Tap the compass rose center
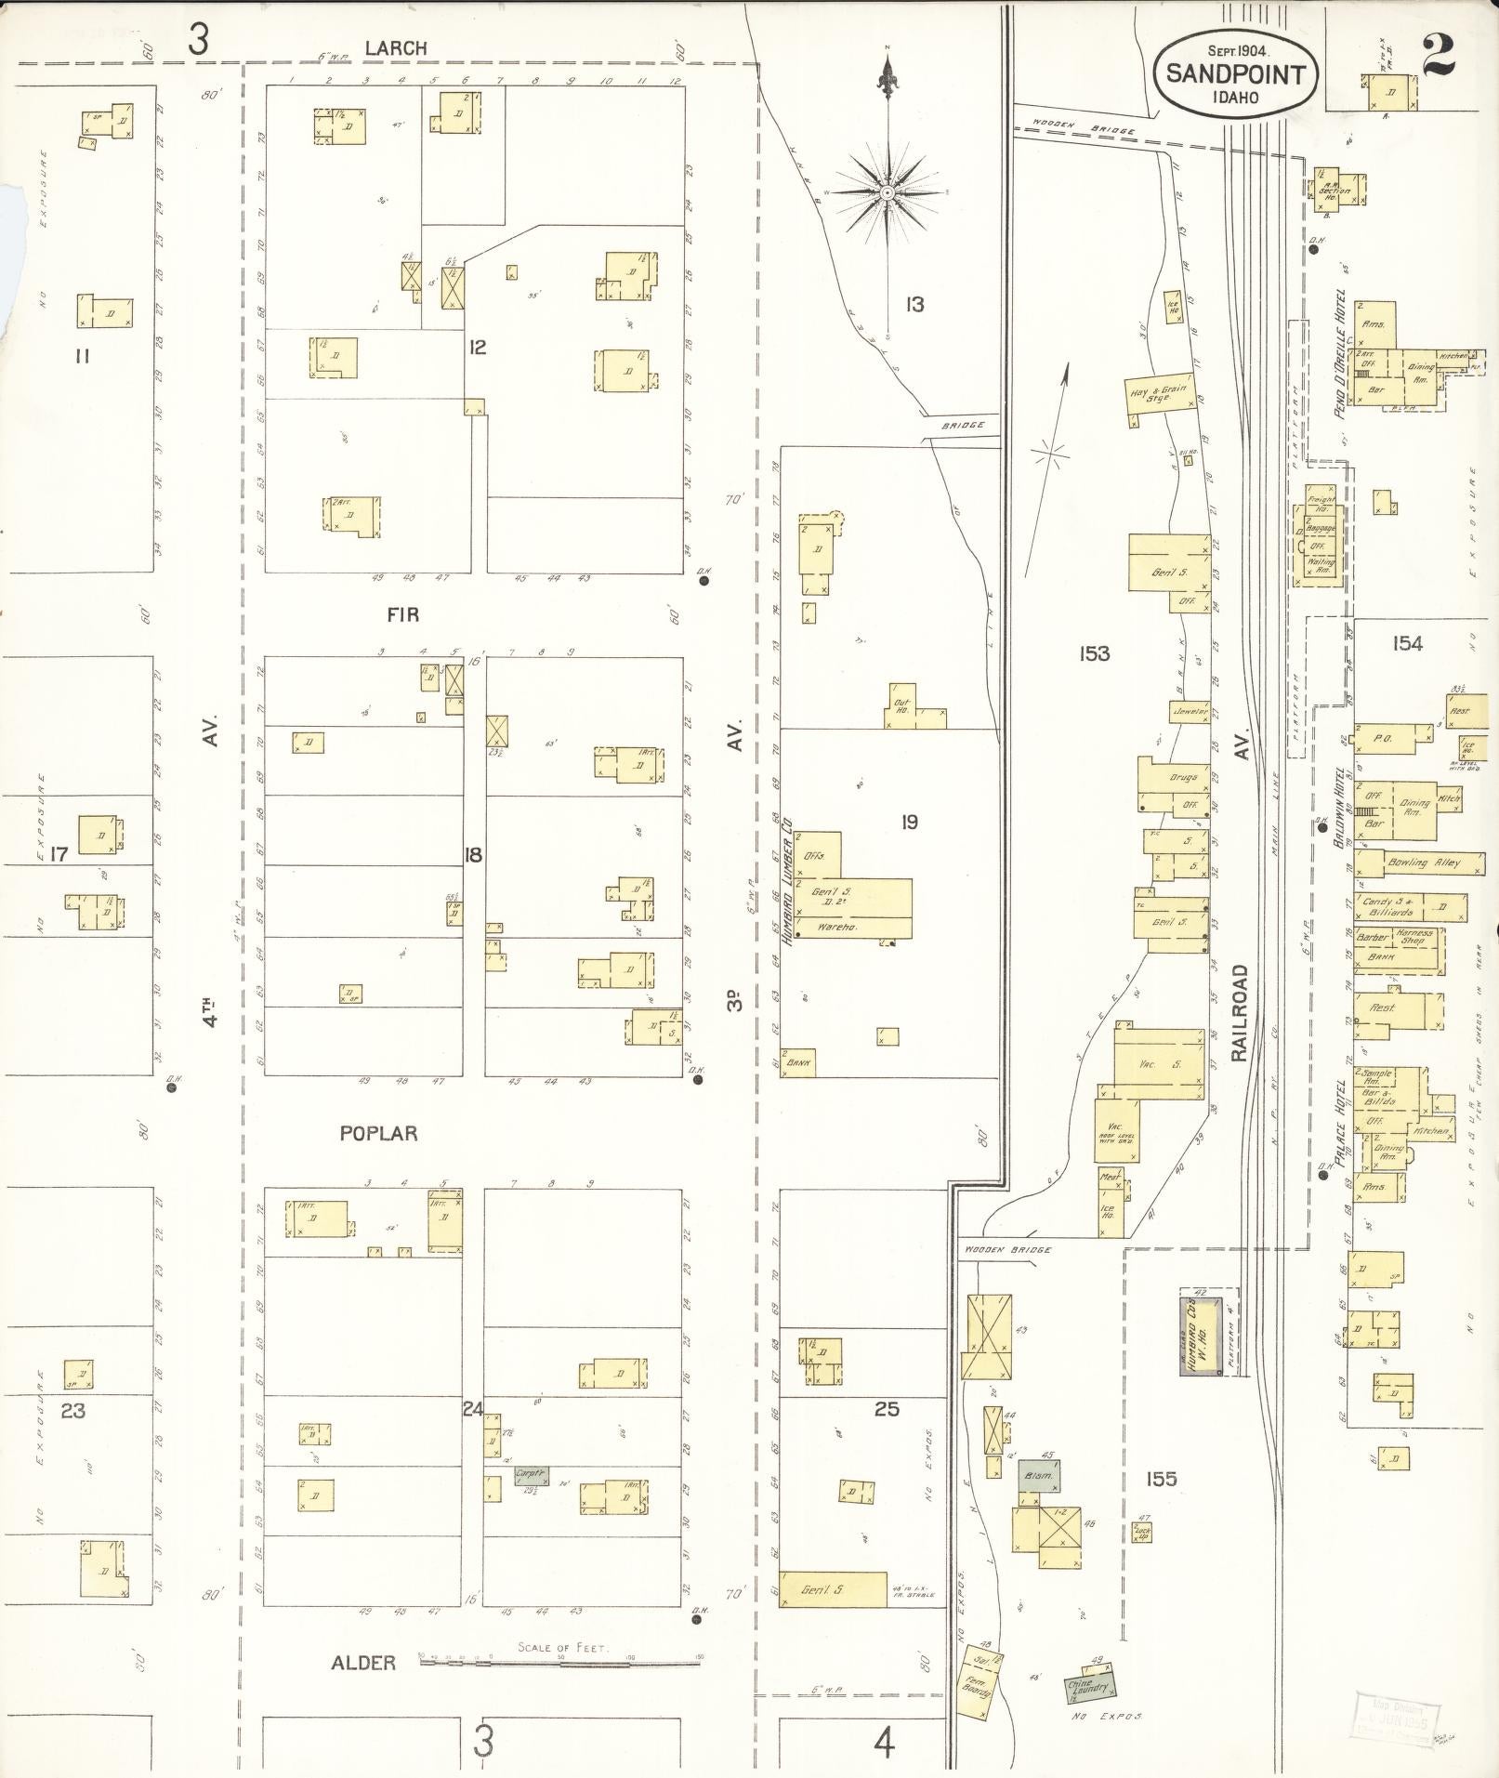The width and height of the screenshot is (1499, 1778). (888, 192)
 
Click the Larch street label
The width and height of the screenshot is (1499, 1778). (395, 48)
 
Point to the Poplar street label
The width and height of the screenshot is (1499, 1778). (378, 1133)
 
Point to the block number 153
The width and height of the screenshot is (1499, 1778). (1095, 653)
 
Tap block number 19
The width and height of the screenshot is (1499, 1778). (909, 822)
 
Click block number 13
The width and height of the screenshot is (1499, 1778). (915, 304)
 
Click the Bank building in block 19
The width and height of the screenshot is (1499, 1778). (798, 1061)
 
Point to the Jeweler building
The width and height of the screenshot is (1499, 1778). (1190, 712)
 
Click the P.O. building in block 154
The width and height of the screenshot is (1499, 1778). (1382, 739)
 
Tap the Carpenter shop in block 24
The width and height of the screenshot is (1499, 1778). (532, 1475)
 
